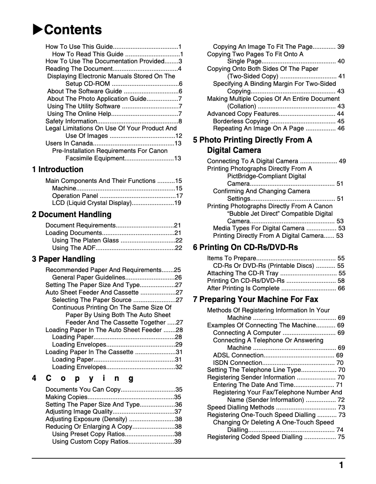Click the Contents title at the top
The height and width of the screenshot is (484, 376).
pyautogui.click(x=73, y=30)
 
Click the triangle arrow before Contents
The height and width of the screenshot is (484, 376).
pyautogui.click(x=38, y=30)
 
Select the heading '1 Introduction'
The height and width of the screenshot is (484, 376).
pyautogui.click(x=58, y=169)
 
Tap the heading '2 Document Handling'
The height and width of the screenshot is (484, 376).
pyautogui.click(x=72, y=214)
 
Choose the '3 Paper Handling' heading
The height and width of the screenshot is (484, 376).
pyautogui.click(x=63, y=259)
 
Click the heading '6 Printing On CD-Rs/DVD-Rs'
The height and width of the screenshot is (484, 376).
pyautogui.click(x=245, y=247)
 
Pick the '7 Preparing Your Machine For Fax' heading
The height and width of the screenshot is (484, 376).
pyautogui.click(x=256, y=299)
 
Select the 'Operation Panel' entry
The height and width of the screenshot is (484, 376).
pyautogui.click(x=75, y=196)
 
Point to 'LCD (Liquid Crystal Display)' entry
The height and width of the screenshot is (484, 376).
pyautogui.click(x=91, y=203)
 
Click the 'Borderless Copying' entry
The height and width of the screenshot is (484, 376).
pyautogui.click(x=241, y=121)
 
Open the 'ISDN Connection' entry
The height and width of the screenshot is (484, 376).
pyautogui.click(x=237, y=363)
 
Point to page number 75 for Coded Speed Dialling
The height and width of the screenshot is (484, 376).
pyautogui.click(x=341, y=437)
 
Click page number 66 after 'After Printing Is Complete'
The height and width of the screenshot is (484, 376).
pyautogui.click(x=341, y=288)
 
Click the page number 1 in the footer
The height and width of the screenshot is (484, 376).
pyautogui.click(x=341, y=465)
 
